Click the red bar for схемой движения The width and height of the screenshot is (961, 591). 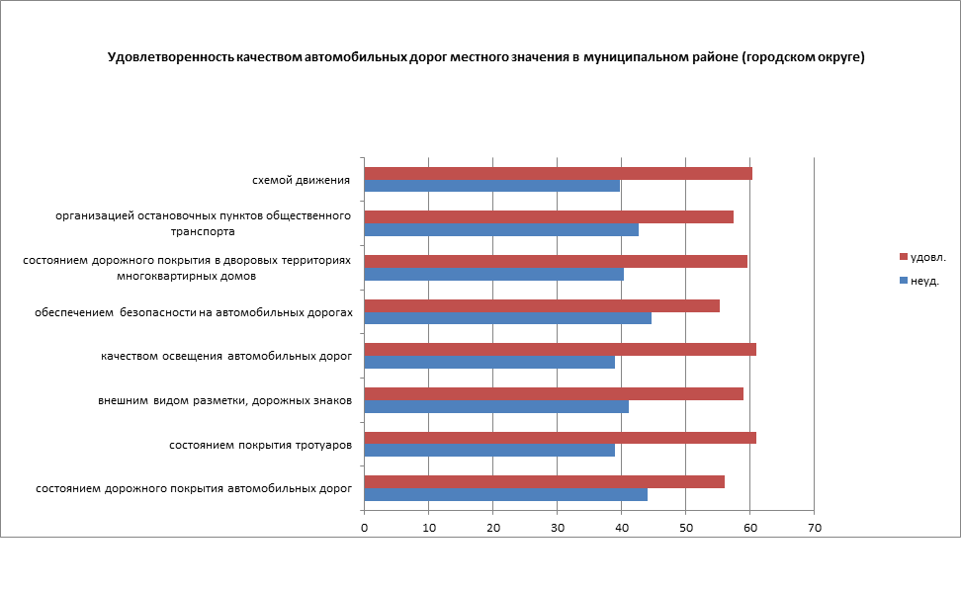(x=558, y=174)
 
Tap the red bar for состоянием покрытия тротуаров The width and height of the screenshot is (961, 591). (x=560, y=438)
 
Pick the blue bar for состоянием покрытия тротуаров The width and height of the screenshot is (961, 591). (x=489, y=450)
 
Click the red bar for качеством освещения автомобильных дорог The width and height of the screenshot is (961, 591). (x=560, y=349)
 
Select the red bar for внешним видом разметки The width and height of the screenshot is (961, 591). (x=554, y=393)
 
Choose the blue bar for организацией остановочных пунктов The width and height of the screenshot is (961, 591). (x=501, y=230)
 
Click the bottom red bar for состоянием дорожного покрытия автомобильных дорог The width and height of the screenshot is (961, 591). (x=544, y=482)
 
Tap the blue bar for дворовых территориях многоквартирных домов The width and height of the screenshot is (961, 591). (x=493, y=275)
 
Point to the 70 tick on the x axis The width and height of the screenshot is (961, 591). (x=814, y=529)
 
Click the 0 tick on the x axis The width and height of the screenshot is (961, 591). (x=365, y=529)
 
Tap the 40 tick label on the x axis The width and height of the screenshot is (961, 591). (x=621, y=529)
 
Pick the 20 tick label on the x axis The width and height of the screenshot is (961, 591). (x=492, y=529)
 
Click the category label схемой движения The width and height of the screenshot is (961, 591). (x=302, y=180)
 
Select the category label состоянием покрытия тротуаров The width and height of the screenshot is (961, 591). (x=260, y=445)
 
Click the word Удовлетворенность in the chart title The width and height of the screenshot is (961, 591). (x=170, y=57)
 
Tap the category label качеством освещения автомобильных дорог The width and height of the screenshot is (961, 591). (x=226, y=356)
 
